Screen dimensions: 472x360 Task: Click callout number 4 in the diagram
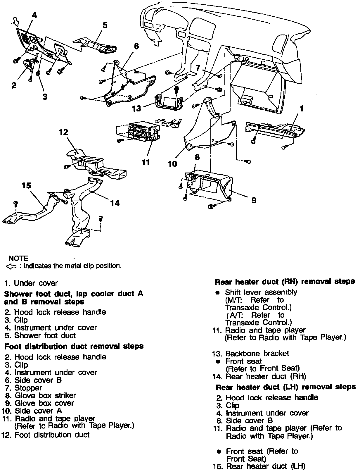pyautogui.click(x=34, y=15)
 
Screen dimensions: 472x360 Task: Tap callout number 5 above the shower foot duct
pyautogui.click(x=105, y=25)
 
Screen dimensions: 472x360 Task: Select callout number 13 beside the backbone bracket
pyautogui.click(x=136, y=108)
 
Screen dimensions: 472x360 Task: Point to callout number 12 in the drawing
pyautogui.click(x=63, y=132)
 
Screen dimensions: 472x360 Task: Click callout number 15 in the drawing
pyautogui.click(x=26, y=185)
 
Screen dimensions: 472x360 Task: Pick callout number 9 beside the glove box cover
pyautogui.click(x=254, y=200)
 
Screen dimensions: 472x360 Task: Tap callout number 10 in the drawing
pyautogui.click(x=172, y=164)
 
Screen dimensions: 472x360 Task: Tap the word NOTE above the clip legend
pyautogui.click(x=18, y=259)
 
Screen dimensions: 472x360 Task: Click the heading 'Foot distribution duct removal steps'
pyautogui.click(x=74, y=347)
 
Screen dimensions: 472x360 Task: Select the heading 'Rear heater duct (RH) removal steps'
pyautogui.click(x=285, y=282)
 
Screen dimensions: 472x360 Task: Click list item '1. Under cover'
pyautogui.click(x=31, y=283)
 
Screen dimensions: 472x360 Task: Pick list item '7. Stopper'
pyautogui.click(x=23, y=388)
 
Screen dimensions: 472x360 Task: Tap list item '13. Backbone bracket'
pyautogui.click(x=251, y=354)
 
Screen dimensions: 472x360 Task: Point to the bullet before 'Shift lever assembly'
pyautogui.click(x=217, y=293)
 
